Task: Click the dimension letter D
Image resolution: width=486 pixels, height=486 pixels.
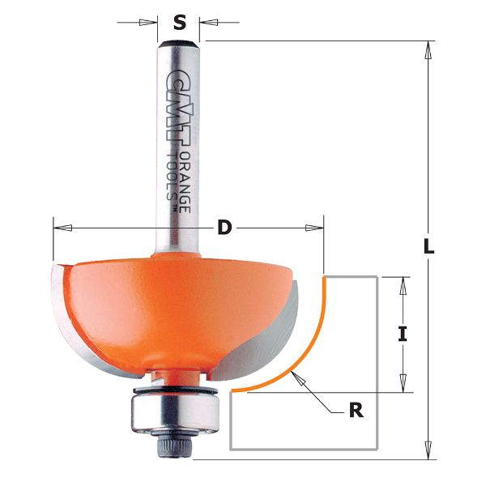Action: [224, 228]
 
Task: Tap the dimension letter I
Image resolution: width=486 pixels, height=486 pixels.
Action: [403, 333]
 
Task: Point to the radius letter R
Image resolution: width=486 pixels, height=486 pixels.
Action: [355, 411]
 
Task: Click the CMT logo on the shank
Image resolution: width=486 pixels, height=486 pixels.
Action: [173, 101]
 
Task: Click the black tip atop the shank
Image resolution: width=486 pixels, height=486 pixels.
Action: [179, 38]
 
